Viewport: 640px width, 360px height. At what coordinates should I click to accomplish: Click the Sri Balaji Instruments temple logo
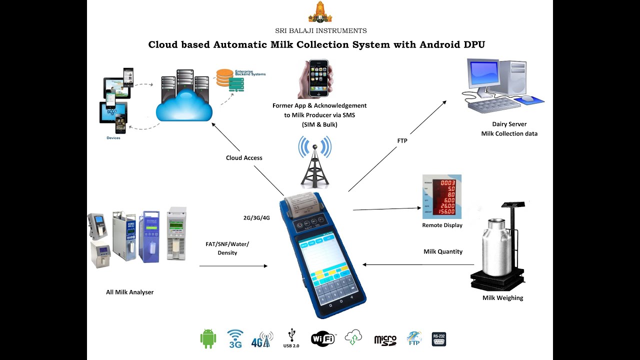tap(320, 12)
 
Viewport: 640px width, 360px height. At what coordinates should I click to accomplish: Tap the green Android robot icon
tap(208, 338)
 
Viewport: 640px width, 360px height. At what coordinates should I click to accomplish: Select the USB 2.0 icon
tap(291, 338)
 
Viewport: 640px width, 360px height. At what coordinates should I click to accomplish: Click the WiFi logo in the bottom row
tap(323, 338)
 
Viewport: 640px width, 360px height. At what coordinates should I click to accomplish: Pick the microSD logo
tap(385, 340)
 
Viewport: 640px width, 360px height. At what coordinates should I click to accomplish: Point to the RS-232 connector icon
tap(438, 339)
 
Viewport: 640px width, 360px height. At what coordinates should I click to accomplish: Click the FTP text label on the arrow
tap(402, 141)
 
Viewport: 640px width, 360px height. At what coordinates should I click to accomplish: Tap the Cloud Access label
tap(244, 157)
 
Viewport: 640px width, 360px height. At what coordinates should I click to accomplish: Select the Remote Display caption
tap(442, 225)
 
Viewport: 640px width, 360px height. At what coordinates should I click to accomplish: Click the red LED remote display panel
tap(442, 197)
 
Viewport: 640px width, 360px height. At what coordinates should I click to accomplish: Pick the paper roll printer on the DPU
tap(302, 204)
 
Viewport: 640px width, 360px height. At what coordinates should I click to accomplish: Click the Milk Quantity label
tap(442, 251)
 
